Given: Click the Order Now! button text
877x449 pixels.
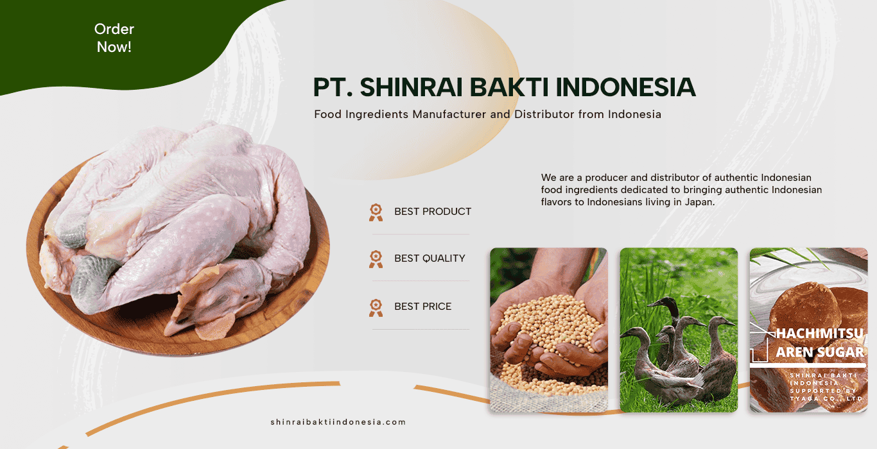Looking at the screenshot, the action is click(x=114, y=38).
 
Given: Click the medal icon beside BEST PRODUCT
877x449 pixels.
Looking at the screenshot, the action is click(x=376, y=212).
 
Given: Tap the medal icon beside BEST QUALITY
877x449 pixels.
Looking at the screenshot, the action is click(x=376, y=259).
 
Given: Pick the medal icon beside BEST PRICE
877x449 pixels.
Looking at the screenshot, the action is click(x=376, y=308).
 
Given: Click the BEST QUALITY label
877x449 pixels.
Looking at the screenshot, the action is click(x=430, y=258).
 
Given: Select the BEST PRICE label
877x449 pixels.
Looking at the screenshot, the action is click(x=423, y=307).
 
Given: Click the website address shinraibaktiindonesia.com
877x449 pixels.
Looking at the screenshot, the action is click(x=338, y=422).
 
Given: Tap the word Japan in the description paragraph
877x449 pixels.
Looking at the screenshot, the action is click(x=699, y=202).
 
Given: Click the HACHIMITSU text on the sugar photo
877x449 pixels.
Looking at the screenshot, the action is click(x=819, y=334).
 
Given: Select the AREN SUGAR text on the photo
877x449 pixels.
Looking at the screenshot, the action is click(x=819, y=352).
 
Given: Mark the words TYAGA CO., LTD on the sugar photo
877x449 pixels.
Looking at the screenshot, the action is click(x=826, y=398).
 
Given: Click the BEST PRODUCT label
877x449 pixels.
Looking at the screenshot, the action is click(x=433, y=212).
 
